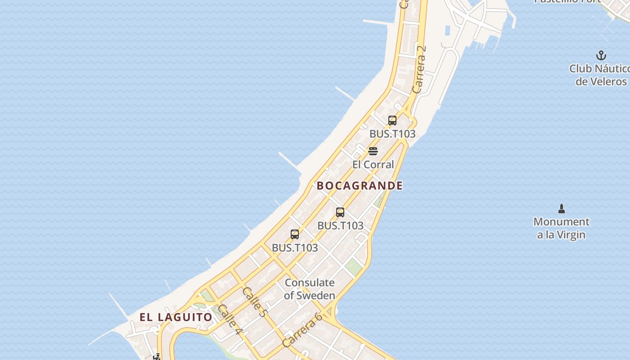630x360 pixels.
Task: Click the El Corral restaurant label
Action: click(x=373, y=165)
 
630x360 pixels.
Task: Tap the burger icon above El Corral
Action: click(x=373, y=151)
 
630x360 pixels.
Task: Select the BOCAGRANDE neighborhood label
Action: click(x=360, y=185)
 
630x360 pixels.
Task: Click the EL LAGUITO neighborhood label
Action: click(x=175, y=317)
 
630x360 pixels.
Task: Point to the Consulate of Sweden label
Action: click(x=310, y=289)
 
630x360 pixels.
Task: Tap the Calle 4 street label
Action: click(x=230, y=320)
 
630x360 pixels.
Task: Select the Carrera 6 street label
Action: click(x=302, y=329)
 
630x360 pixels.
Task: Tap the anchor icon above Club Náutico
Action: click(x=601, y=56)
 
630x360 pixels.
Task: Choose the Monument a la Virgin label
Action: click(x=561, y=228)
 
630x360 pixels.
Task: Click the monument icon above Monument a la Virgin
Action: click(x=561, y=209)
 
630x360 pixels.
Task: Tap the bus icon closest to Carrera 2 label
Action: click(x=392, y=121)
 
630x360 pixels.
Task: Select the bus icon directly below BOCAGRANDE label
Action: click(x=340, y=212)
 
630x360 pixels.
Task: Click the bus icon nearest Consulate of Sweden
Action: click(x=295, y=234)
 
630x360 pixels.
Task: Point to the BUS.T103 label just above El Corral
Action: click(x=392, y=134)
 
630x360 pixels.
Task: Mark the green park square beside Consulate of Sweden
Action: click(x=354, y=266)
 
